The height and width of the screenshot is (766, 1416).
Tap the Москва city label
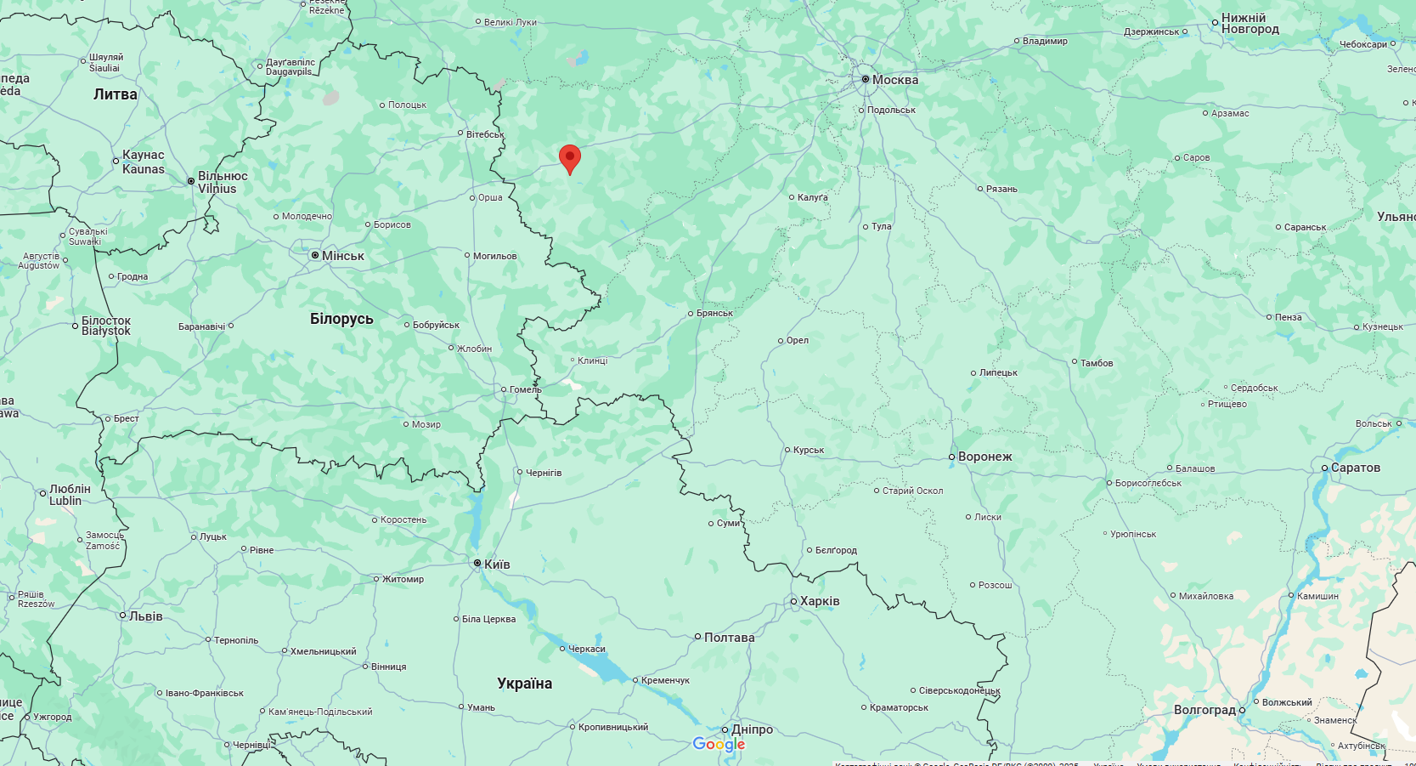(894, 80)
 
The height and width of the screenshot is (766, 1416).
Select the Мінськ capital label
(342, 256)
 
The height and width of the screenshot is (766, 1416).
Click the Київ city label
(496, 565)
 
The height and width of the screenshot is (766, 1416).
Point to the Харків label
(819, 601)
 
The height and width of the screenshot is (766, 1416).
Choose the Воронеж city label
(984, 457)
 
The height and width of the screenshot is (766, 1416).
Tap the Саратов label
(1355, 468)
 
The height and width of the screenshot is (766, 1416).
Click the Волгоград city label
(1204, 710)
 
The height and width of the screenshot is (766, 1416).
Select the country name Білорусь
(341, 319)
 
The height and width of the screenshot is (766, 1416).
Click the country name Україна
(524, 684)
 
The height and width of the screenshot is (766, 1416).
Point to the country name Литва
(116, 94)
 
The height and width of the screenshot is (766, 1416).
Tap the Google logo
(719, 745)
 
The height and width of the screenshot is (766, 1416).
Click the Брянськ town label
(714, 314)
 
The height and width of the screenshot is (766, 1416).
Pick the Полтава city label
(729, 638)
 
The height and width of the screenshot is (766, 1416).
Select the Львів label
(145, 616)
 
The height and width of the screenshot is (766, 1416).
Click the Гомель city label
(525, 390)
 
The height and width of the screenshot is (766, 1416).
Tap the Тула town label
(881, 227)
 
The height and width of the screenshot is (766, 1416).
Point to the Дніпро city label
(752, 729)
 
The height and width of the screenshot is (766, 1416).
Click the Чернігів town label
(543, 473)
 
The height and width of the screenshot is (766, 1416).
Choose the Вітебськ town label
(485, 134)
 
